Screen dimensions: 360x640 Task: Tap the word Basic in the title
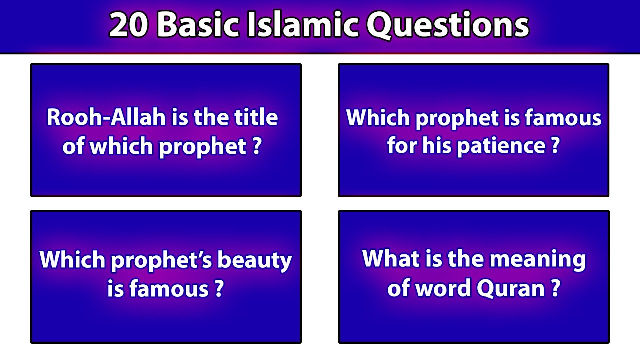tap(201, 25)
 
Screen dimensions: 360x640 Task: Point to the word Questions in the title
tap(448, 25)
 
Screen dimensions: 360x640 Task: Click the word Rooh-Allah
tap(106, 118)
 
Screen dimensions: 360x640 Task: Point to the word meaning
tap(538, 259)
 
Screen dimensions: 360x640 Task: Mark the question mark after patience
tap(555, 146)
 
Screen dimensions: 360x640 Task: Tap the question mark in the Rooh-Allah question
tap(256, 147)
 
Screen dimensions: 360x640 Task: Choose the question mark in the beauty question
tap(218, 289)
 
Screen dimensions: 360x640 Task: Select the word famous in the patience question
tap(563, 118)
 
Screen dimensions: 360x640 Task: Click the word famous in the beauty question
tap(170, 289)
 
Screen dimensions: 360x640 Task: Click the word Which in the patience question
tap(378, 118)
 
